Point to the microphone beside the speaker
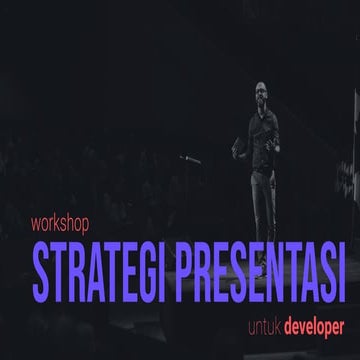(186, 158)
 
